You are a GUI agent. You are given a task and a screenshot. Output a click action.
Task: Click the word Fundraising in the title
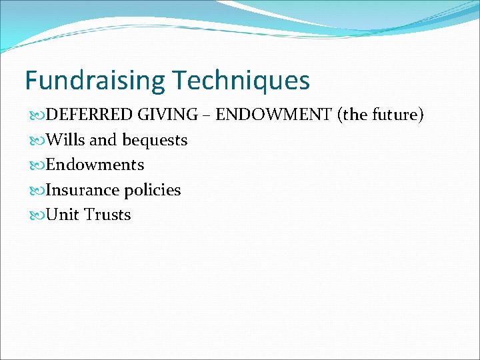(x=95, y=81)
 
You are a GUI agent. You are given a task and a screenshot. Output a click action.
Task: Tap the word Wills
(x=65, y=140)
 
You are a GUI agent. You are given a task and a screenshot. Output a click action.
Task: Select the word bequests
(x=155, y=140)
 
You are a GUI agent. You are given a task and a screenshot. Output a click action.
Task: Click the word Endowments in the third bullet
(x=95, y=165)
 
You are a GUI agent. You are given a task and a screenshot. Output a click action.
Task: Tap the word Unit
(x=62, y=215)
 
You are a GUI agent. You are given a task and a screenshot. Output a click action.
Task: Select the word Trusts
(x=107, y=215)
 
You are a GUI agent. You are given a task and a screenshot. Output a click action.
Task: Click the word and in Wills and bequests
(x=103, y=140)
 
